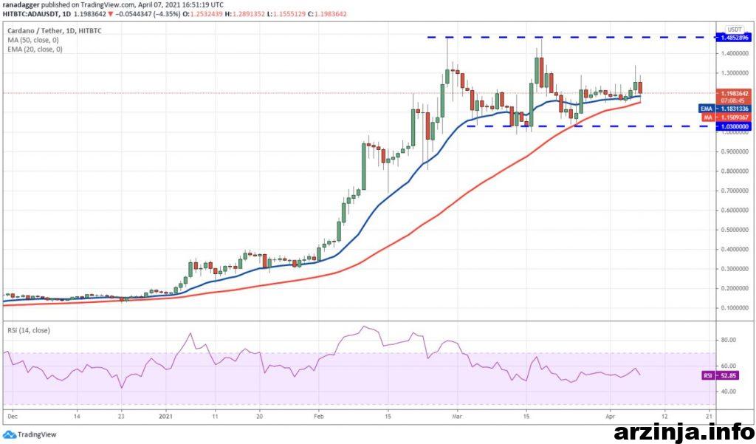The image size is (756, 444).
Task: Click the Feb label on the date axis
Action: pyautogui.click(x=318, y=416)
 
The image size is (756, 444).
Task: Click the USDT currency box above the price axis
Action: pyautogui.click(x=734, y=29)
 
